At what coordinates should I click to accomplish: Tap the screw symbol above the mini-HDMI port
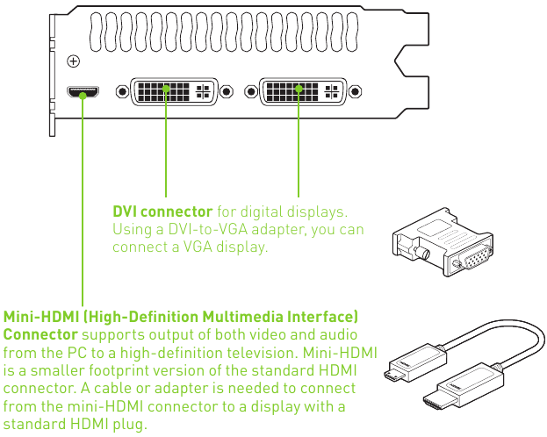(74, 61)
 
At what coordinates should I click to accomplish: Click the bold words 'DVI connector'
(162, 211)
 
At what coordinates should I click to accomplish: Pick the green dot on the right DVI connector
(299, 88)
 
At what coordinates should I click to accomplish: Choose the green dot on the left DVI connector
(166, 88)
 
